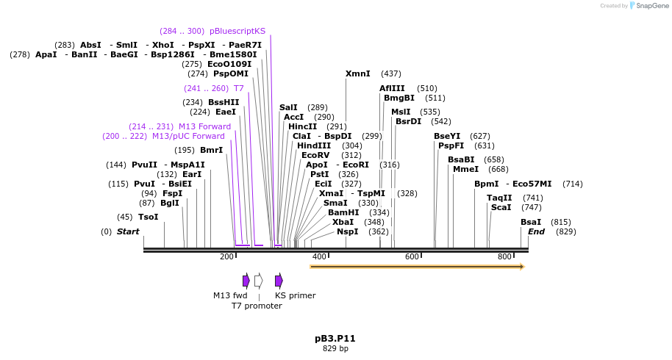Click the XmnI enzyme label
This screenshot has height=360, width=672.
coord(358,73)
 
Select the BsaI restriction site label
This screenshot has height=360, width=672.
coord(531,222)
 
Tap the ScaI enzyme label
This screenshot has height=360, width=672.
coord(501,207)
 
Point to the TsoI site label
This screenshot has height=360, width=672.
coord(148,217)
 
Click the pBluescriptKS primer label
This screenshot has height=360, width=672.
coord(237,31)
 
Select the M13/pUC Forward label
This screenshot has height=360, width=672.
coord(188,136)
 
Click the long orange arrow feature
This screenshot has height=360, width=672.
coord(417,267)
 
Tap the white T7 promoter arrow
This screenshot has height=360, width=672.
coord(258,281)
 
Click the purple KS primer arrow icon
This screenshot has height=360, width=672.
coord(279,281)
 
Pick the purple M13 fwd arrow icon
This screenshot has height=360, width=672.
coord(246,281)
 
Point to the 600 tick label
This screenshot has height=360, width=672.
coord(412,256)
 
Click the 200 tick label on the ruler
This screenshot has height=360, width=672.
coord(227,256)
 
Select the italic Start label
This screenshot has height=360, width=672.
coord(128,231)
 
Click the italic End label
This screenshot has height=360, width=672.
coord(537,231)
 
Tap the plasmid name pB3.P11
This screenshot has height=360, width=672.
coord(335,339)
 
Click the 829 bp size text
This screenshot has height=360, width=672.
coord(335,348)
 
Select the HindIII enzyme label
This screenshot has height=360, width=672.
coord(314,145)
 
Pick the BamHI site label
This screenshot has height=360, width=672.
coord(343,212)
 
